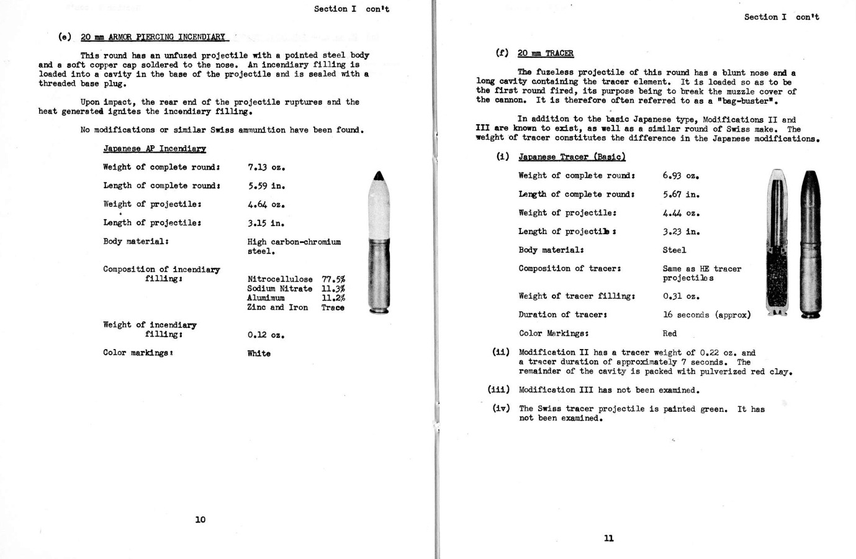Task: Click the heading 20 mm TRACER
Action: point(545,53)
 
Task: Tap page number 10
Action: point(200,519)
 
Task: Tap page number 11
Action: point(608,538)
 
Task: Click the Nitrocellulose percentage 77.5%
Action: point(333,279)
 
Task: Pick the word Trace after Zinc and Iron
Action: point(333,307)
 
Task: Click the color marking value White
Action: point(259,353)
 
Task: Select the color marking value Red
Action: point(670,334)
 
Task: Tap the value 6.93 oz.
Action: point(681,176)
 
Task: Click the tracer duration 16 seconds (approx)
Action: point(706,315)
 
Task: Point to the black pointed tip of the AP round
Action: point(379,178)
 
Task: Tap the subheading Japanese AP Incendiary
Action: point(155,148)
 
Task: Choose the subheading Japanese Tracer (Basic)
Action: point(572,157)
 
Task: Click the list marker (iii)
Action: point(499,390)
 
